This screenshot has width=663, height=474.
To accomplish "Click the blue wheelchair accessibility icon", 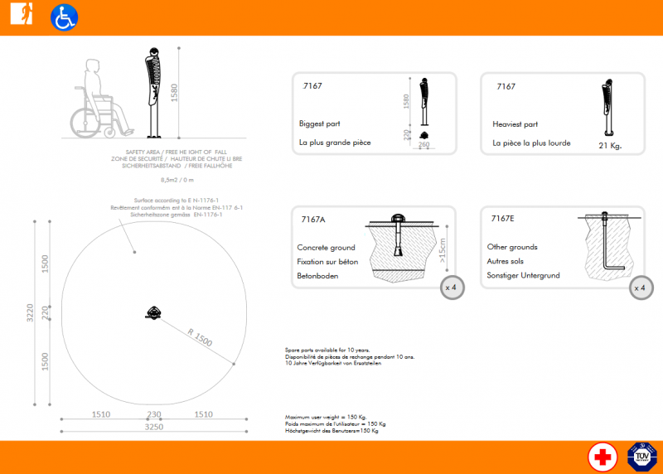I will coord(64,17).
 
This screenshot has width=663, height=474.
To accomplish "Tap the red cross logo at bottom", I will coord(603,457).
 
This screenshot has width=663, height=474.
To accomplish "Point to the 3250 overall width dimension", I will coord(154,427).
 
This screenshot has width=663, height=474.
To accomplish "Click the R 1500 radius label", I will coord(200,337).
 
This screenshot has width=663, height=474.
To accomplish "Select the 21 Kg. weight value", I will coord(609,146).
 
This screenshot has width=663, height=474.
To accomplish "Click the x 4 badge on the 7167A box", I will coord(452,288).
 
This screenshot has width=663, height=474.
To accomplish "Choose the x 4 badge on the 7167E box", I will coord(639,288).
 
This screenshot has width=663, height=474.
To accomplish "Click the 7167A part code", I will coord(313,220).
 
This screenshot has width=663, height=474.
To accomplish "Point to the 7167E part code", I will coord(502,219).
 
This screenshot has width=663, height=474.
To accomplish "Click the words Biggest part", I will coord(320,123).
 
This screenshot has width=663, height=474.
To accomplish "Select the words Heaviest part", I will coord(515,123).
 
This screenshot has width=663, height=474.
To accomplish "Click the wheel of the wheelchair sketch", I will coord(84,123).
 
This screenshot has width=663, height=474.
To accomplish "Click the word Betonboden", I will coord(317,276).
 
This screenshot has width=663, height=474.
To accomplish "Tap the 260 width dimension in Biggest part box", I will coord(424,145).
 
